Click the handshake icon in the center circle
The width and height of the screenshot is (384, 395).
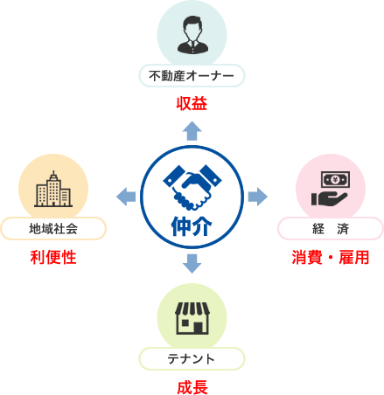(192, 187)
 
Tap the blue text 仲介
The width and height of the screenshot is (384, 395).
(192, 226)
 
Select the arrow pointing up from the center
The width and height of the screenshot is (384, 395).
(192, 131)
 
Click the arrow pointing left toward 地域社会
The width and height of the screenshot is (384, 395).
(126, 197)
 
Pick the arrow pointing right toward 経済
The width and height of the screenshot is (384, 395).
(258, 197)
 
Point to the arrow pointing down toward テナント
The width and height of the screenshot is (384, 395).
(192, 264)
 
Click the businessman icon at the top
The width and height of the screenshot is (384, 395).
(192, 35)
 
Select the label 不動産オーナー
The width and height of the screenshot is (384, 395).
(192, 76)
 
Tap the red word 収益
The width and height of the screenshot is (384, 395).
(192, 104)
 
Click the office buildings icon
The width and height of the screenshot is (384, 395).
(53, 189)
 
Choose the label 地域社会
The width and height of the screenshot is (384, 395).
(53, 229)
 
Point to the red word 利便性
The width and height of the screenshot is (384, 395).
(53, 258)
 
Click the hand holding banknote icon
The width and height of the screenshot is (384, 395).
(331, 189)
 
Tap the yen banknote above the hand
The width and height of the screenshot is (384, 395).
(335, 180)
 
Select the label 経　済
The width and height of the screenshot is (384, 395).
(331, 229)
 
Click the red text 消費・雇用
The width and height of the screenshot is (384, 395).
(331, 258)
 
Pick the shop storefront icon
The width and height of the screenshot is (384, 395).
(192, 318)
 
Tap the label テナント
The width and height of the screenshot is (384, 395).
(192, 359)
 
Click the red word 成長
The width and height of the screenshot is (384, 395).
(192, 387)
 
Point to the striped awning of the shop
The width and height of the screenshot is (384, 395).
(192, 308)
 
